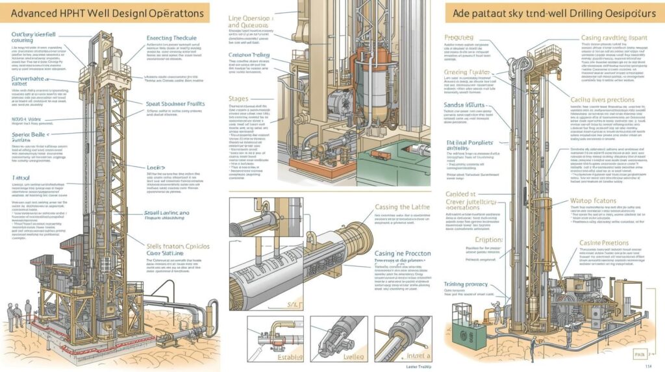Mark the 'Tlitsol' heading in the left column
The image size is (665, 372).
(21, 177)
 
